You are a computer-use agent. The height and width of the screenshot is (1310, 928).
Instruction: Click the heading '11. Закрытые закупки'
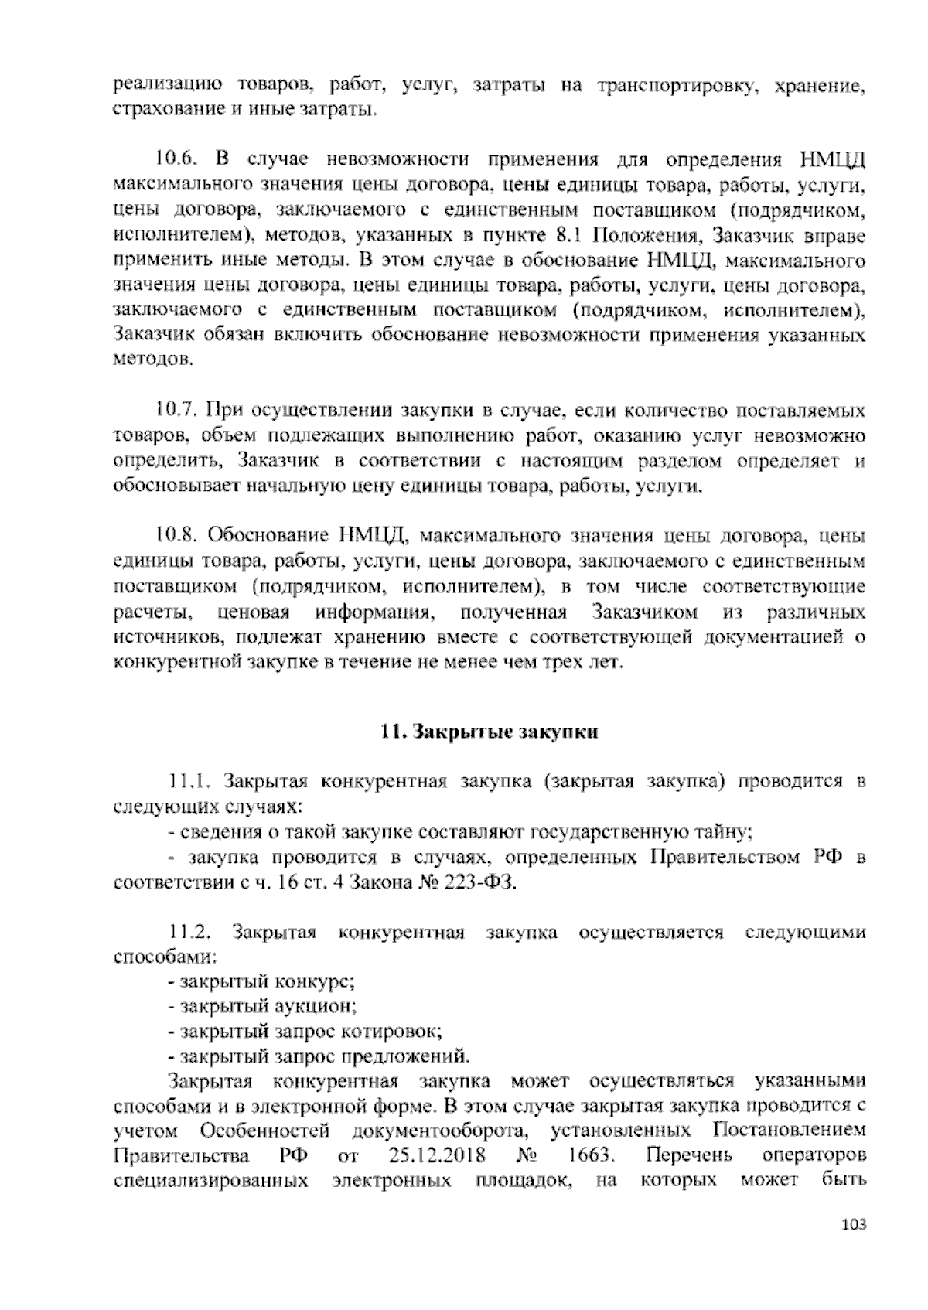pyautogui.click(x=488, y=732)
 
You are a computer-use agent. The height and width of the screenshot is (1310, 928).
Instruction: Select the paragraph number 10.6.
pyautogui.click(x=177, y=160)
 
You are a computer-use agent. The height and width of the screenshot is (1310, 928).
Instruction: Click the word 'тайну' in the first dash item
pyautogui.click(x=727, y=833)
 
